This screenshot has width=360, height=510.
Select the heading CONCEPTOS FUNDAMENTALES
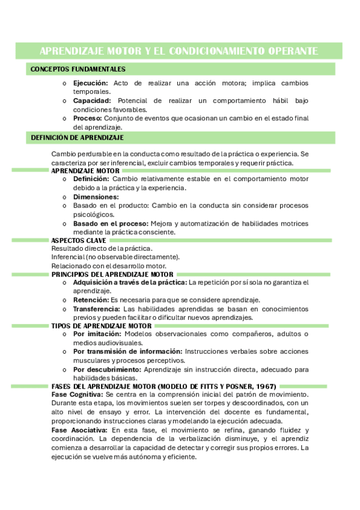78,69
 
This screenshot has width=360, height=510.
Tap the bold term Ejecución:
90,83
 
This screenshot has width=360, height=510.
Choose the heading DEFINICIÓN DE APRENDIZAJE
77,138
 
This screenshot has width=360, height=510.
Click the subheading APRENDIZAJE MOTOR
85,171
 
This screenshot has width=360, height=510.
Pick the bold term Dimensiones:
96,197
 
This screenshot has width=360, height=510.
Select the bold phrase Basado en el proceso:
111,223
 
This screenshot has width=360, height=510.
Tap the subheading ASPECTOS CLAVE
79,241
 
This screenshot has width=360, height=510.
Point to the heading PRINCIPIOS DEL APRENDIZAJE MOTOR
112,274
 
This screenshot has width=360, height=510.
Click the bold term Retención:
91,300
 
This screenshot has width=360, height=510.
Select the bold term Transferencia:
97,309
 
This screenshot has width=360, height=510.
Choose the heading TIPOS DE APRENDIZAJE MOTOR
101,325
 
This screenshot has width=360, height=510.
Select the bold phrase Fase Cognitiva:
78,395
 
